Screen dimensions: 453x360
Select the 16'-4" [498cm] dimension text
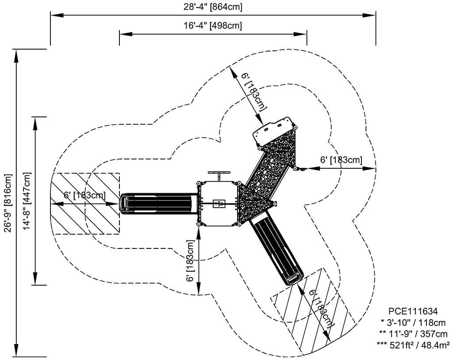(x=213, y=25)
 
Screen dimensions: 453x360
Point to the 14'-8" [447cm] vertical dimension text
(x=27, y=201)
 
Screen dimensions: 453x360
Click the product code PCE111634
(x=413, y=311)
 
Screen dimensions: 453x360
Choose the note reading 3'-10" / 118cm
(x=413, y=322)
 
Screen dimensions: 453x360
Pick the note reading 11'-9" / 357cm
(x=413, y=334)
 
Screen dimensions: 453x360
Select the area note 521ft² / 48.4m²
(x=413, y=345)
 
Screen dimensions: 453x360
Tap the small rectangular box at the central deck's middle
(x=219, y=204)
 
